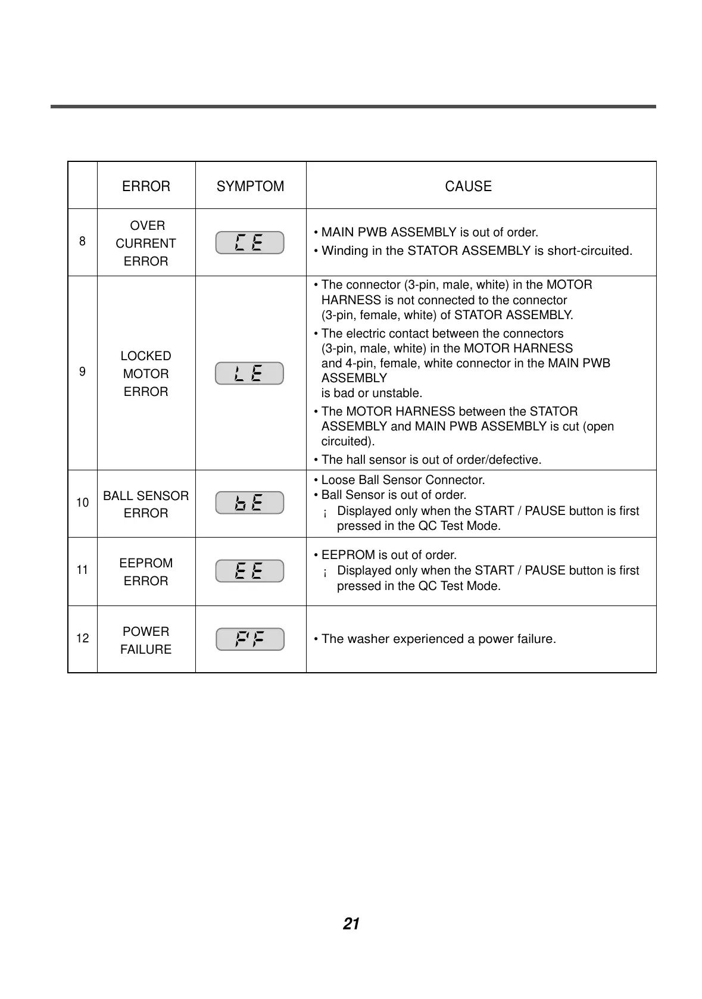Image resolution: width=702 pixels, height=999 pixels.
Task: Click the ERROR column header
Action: (x=146, y=186)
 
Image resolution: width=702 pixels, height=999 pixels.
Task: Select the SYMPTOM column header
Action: (x=250, y=186)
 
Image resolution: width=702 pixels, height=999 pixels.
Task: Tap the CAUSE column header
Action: (x=468, y=186)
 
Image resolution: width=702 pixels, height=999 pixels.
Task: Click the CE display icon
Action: (x=249, y=242)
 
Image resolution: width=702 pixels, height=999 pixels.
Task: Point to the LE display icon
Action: (x=249, y=373)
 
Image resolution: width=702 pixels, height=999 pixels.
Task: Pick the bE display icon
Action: (x=249, y=503)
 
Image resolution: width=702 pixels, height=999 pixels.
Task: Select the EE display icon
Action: (x=249, y=571)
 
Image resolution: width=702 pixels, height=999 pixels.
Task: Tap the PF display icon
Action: (x=249, y=639)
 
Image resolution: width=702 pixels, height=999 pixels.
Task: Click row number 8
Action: (x=82, y=241)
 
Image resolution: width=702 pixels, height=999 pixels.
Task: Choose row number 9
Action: (x=82, y=372)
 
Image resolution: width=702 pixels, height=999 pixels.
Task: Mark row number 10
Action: (x=82, y=502)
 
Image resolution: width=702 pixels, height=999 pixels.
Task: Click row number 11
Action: (x=82, y=570)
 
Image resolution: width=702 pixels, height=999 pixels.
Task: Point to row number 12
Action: (x=82, y=638)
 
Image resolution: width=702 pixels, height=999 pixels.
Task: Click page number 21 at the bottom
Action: (x=351, y=924)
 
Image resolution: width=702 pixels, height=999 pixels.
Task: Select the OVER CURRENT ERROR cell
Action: (x=146, y=243)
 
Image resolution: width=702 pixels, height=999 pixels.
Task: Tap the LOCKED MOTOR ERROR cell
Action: (x=146, y=373)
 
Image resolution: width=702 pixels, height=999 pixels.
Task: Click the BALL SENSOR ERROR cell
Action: (x=146, y=504)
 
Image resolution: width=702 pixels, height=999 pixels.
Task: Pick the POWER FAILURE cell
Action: (x=146, y=640)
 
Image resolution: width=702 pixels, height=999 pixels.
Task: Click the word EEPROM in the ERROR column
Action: (x=146, y=563)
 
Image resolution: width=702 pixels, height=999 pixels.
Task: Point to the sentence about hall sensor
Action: (x=430, y=460)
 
